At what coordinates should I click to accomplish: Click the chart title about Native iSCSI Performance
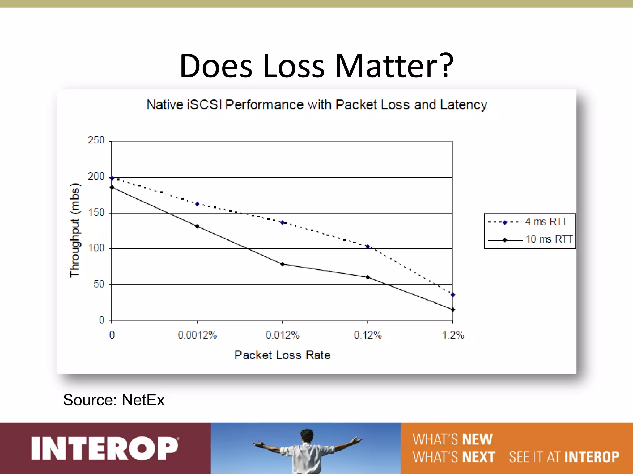316,105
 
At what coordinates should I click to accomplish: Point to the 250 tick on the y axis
96,140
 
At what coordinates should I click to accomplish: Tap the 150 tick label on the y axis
96,213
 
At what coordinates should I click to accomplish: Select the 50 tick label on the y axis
99,284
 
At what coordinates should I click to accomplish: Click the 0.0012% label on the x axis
197,335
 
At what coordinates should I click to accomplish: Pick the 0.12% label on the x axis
368,335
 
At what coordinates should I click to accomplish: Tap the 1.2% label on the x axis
453,335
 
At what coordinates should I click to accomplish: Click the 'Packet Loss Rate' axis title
282,355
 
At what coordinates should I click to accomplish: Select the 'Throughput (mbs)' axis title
75,231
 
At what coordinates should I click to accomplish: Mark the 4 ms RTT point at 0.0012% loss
197,204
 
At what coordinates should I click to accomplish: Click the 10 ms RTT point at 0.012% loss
283,264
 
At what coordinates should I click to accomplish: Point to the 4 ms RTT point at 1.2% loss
453,295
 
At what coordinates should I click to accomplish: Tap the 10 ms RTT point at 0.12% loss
368,277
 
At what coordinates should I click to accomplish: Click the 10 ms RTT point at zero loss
112,187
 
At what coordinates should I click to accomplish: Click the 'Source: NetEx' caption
114,400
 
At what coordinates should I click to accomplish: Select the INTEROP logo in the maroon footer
105,448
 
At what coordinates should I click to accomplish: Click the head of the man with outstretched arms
307,436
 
